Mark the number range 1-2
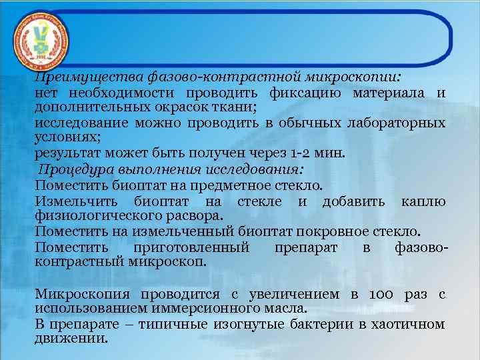299,153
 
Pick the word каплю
423,201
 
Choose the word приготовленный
191,247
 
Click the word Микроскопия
83,294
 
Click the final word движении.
71,339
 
